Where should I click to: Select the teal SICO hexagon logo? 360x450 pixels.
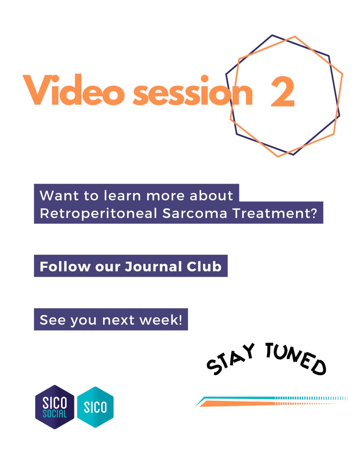point(95,407)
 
